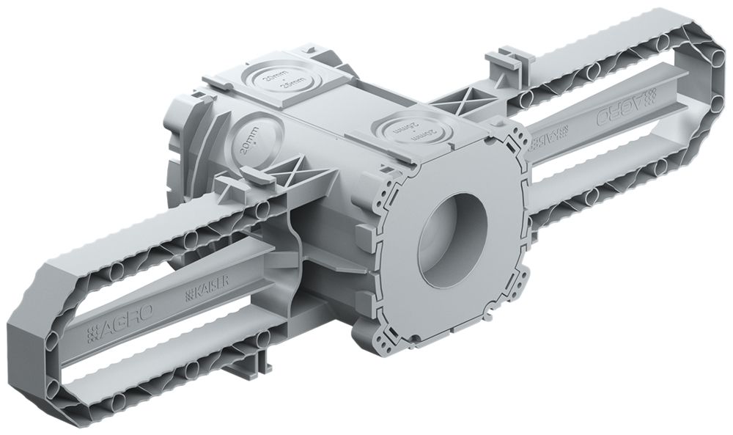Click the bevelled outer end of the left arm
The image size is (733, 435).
29,344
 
